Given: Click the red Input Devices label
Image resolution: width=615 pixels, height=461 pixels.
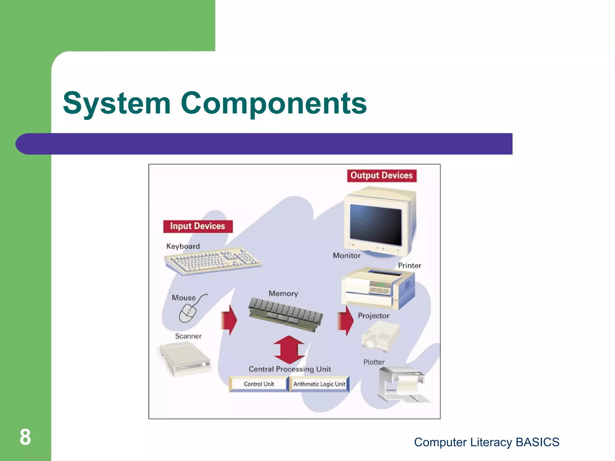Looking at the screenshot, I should click(198, 226).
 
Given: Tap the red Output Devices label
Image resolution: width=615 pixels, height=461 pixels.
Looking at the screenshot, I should click(381, 176).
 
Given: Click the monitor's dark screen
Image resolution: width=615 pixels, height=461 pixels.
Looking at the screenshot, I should click(376, 224).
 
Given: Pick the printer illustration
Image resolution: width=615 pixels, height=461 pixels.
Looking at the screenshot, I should click(378, 288).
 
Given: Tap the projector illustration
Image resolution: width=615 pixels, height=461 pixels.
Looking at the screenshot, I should click(380, 336).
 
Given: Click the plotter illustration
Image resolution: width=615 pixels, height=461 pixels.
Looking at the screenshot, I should click(402, 384).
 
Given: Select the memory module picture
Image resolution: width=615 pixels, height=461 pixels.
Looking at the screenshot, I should click(285, 314).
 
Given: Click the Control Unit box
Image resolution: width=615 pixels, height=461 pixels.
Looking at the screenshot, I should click(259, 384).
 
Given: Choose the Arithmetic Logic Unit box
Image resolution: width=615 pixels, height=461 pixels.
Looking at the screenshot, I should click(319, 384).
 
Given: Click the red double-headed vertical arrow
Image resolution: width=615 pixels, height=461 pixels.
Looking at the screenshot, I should click(289, 349).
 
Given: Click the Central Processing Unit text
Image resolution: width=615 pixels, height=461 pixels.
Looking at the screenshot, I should click(289, 369).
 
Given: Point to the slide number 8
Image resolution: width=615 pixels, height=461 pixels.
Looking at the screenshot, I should click(25, 437).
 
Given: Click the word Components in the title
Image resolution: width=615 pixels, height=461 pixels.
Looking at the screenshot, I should click(274, 103).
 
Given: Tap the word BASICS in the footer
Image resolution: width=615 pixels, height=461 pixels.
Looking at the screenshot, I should click(537, 442).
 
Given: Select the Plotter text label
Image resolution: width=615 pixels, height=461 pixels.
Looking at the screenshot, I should click(374, 362).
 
